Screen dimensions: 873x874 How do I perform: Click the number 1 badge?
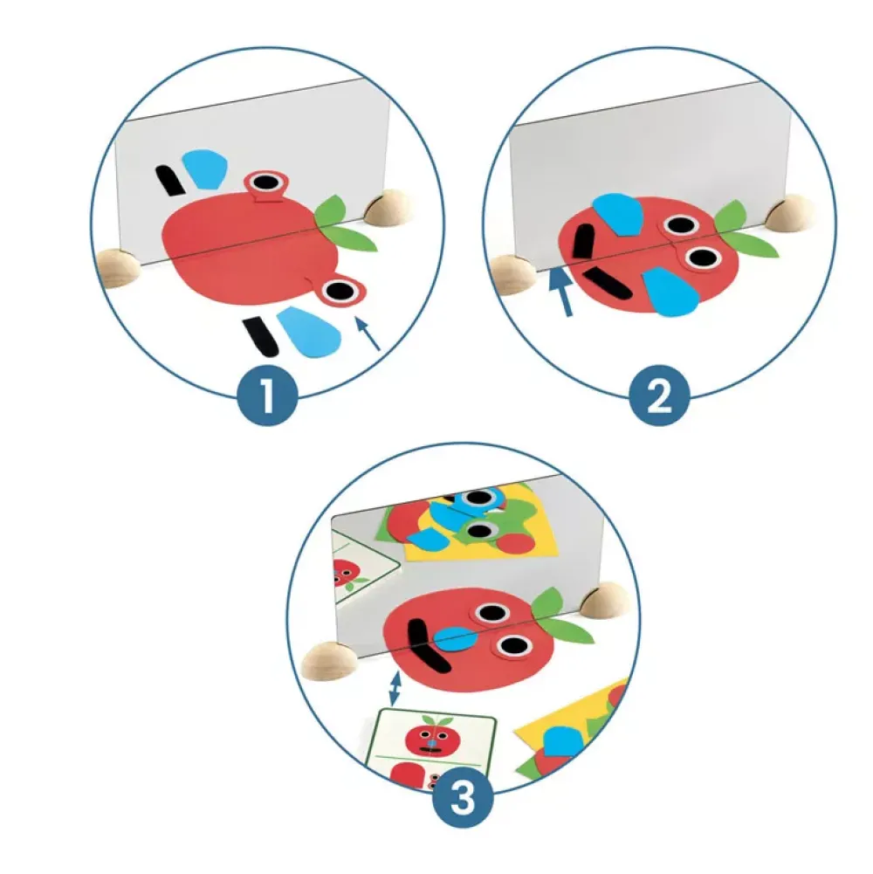click(x=268, y=396)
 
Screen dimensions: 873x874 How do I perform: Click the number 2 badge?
click(x=659, y=396)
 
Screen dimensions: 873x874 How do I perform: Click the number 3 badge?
click(x=462, y=798)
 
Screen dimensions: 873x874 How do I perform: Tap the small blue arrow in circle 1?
click(x=368, y=334)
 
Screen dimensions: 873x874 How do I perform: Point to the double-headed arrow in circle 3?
click(x=395, y=690)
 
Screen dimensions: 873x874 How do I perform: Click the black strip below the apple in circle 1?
click(x=260, y=336)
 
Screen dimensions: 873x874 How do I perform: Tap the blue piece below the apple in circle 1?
click(x=308, y=332)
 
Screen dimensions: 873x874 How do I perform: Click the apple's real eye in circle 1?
click(x=339, y=291)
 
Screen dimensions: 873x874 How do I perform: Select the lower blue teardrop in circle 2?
click(x=670, y=292)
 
